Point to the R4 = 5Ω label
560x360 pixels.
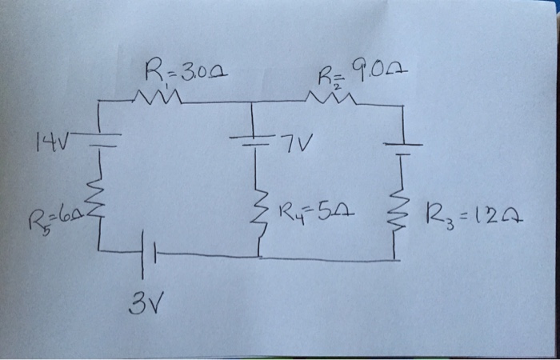(318, 211)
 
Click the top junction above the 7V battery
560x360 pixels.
(254, 102)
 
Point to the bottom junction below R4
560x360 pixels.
(258, 257)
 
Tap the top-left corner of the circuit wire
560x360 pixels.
(98, 103)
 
